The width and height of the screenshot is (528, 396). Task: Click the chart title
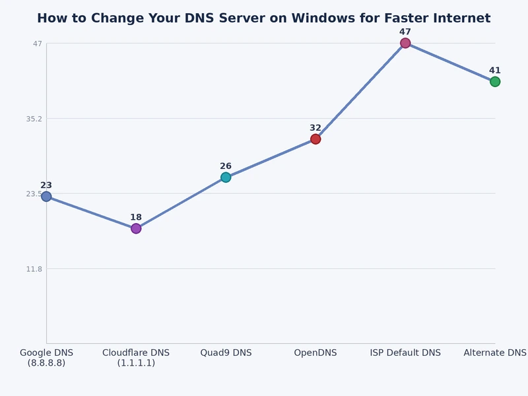pyautogui.click(x=264, y=18)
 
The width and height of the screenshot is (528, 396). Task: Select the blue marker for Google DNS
pyautogui.click(x=46, y=196)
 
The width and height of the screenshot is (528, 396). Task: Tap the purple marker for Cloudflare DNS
pyautogui.click(x=136, y=228)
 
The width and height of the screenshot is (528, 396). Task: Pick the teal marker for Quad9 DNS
pyautogui.click(x=226, y=177)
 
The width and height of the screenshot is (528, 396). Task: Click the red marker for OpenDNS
pyautogui.click(x=315, y=139)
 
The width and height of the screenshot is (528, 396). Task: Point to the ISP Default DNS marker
pyautogui.click(x=405, y=43)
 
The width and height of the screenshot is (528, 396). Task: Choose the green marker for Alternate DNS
pyautogui.click(x=495, y=81)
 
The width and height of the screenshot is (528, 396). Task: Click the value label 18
pyautogui.click(x=136, y=217)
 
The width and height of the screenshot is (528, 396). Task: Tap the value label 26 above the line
pyautogui.click(x=226, y=166)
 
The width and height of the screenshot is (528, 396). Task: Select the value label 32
pyautogui.click(x=315, y=128)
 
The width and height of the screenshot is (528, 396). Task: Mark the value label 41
pyautogui.click(x=495, y=71)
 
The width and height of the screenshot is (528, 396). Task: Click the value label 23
pyautogui.click(x=46, y=185)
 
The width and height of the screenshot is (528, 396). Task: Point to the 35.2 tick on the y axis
pyautogui.click(x=32, y=119)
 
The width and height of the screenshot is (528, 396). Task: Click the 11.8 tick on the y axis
pyautogui.click(x=34, y=269)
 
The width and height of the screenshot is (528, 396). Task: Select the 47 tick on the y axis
pyautogui.click(x=37, y=44)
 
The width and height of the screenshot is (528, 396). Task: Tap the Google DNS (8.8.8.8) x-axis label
pyautogui.click(x=46, y=358)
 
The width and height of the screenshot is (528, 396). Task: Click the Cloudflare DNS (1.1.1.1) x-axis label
pyautogui.click(x=136, y=358)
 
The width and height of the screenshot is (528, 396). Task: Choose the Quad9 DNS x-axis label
pyautogui.click(x=226, y=353)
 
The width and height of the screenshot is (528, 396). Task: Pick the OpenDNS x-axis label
pyautogui.click(x=315, y=353)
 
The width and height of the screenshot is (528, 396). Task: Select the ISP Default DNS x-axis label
pyautogui.click(x=405, y=353)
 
